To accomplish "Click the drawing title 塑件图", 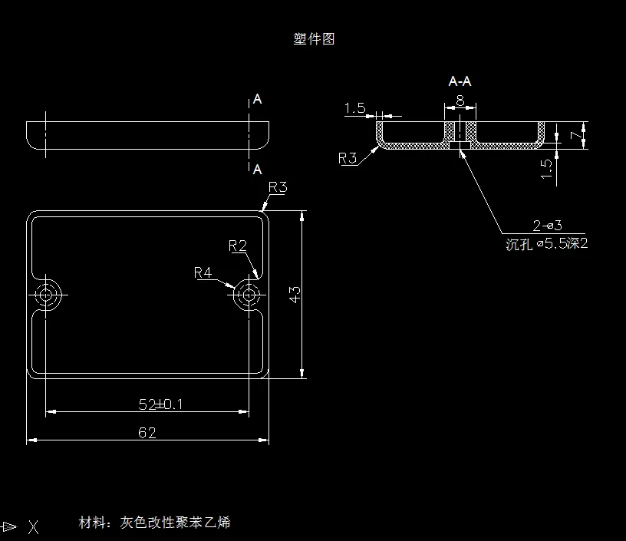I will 314,39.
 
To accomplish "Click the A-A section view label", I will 460,81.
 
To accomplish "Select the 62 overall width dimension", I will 147,433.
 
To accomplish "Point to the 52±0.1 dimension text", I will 161,404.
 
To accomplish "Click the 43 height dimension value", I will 295,294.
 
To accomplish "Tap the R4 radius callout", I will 203,272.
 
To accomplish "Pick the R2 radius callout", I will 238,246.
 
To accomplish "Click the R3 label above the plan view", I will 278,187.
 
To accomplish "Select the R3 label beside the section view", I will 348,159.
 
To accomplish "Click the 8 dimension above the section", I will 460,101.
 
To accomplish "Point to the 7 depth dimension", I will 574,135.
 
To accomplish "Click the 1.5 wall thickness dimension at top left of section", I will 355,109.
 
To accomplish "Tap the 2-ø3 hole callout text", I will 548,226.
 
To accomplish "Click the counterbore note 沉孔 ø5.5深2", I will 547,245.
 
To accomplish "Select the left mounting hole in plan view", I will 48,294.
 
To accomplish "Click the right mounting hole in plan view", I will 249,294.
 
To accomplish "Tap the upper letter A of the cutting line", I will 258,100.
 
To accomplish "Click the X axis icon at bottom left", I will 33,526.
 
